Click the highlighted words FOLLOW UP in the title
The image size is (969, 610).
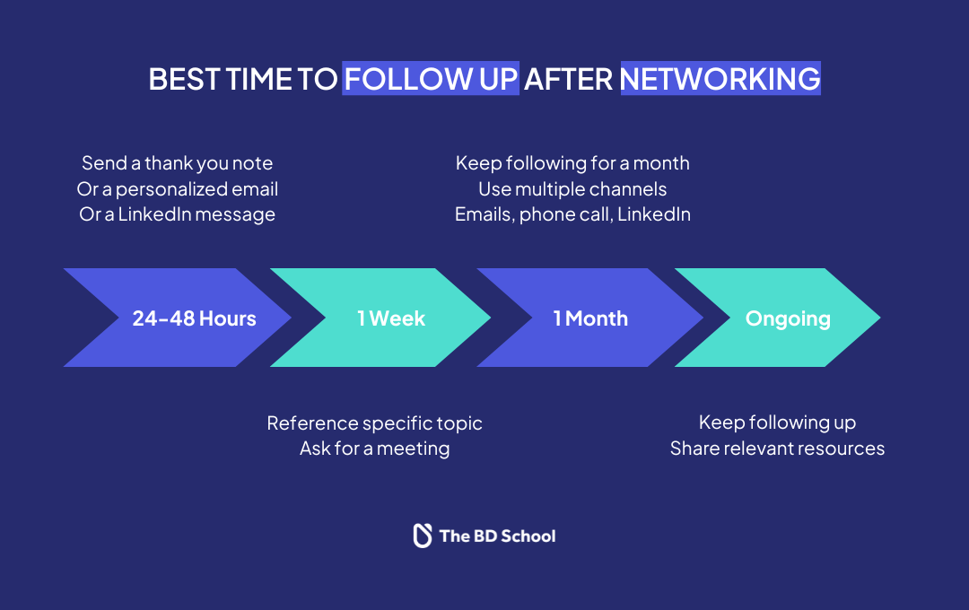(x=431, y=79)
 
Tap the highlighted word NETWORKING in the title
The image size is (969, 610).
(x=720, y=79)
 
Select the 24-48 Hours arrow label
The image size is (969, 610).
(x=194, y=318)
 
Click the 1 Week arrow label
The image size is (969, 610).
(x=391, y=318)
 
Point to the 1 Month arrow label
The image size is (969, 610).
(x=590, y=318)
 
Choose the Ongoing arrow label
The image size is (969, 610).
(x=788, y=318)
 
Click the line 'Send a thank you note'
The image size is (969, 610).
(x=178, y=163)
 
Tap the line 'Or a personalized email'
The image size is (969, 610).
(x=178, y=189)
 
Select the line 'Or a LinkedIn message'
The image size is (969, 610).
(x=178, y=214)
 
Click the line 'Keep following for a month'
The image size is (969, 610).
(x=572, y=163)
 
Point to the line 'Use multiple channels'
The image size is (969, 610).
(x=572, y=189)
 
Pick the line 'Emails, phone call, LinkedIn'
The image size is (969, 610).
(x=572, y=214)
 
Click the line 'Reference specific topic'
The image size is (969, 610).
(x=374, y=423)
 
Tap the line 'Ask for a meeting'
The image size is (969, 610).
(x=374, y=449)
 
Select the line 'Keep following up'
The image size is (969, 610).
(x=777, y=423)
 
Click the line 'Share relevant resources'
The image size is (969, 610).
(x=777, y=449)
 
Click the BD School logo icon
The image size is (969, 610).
(x=422, y=536)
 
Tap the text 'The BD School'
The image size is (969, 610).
(x=497, y=536)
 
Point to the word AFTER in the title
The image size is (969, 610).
(x=569, y=79)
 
